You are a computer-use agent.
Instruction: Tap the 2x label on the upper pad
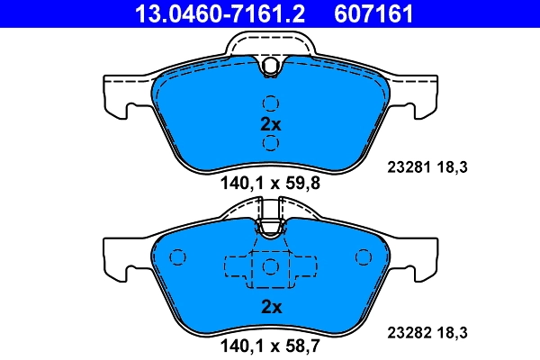271,124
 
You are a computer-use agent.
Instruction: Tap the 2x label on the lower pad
271,307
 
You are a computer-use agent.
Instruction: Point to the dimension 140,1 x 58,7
270,343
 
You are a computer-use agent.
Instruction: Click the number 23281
407,166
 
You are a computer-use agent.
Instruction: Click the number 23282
407,331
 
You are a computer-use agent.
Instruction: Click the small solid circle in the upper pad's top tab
270,66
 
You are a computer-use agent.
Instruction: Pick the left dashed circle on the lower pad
177,258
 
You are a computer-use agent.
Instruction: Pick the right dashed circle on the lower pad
364,258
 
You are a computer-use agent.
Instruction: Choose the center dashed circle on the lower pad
270,266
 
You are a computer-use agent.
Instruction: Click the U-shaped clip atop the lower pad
270,227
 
